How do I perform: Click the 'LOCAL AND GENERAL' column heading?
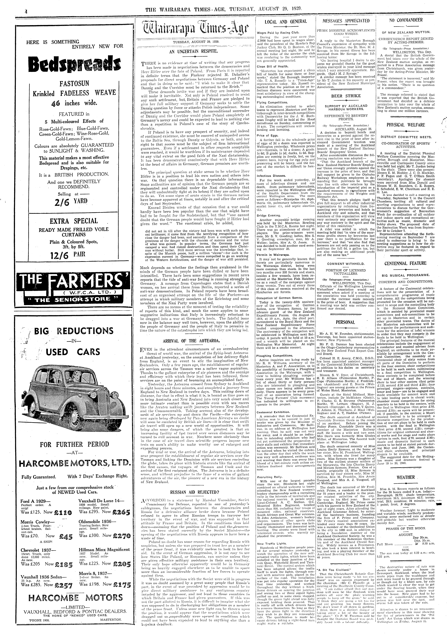click(286, 21)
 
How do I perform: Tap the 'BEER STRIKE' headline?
click(346, 96)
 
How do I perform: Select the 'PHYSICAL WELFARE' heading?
click(406, 125)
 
